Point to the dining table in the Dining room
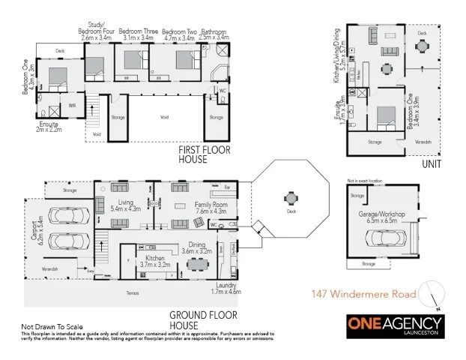pyautogui.click(x=199, y=263)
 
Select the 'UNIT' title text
pyautogui.click(x=431, y=163)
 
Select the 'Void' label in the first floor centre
pyautogui.click(x=164, y=118)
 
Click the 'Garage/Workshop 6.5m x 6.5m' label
pyautogui.click(x=381, y=218)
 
